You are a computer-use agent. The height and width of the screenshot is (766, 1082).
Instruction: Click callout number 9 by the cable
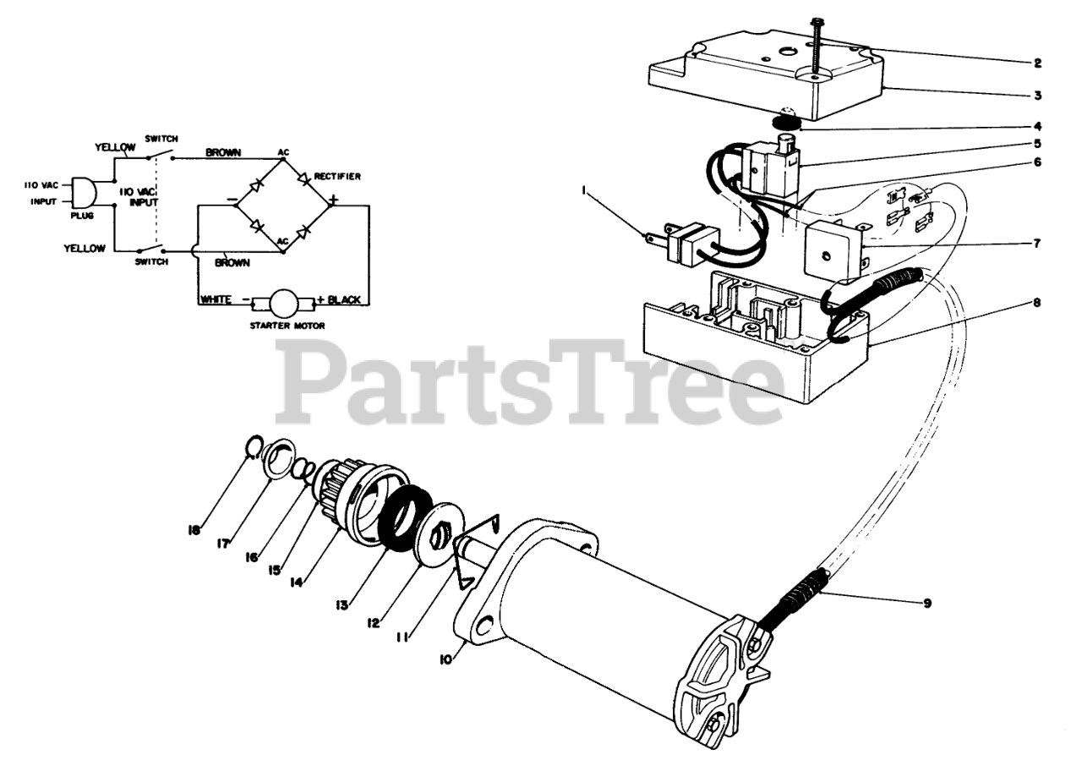point(927,604)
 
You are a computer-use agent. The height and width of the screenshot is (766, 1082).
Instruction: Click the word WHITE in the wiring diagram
point(217,299)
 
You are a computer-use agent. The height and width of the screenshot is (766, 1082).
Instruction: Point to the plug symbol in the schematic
point(82,192)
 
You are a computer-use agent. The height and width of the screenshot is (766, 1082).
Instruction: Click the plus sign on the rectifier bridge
point(334,201)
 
